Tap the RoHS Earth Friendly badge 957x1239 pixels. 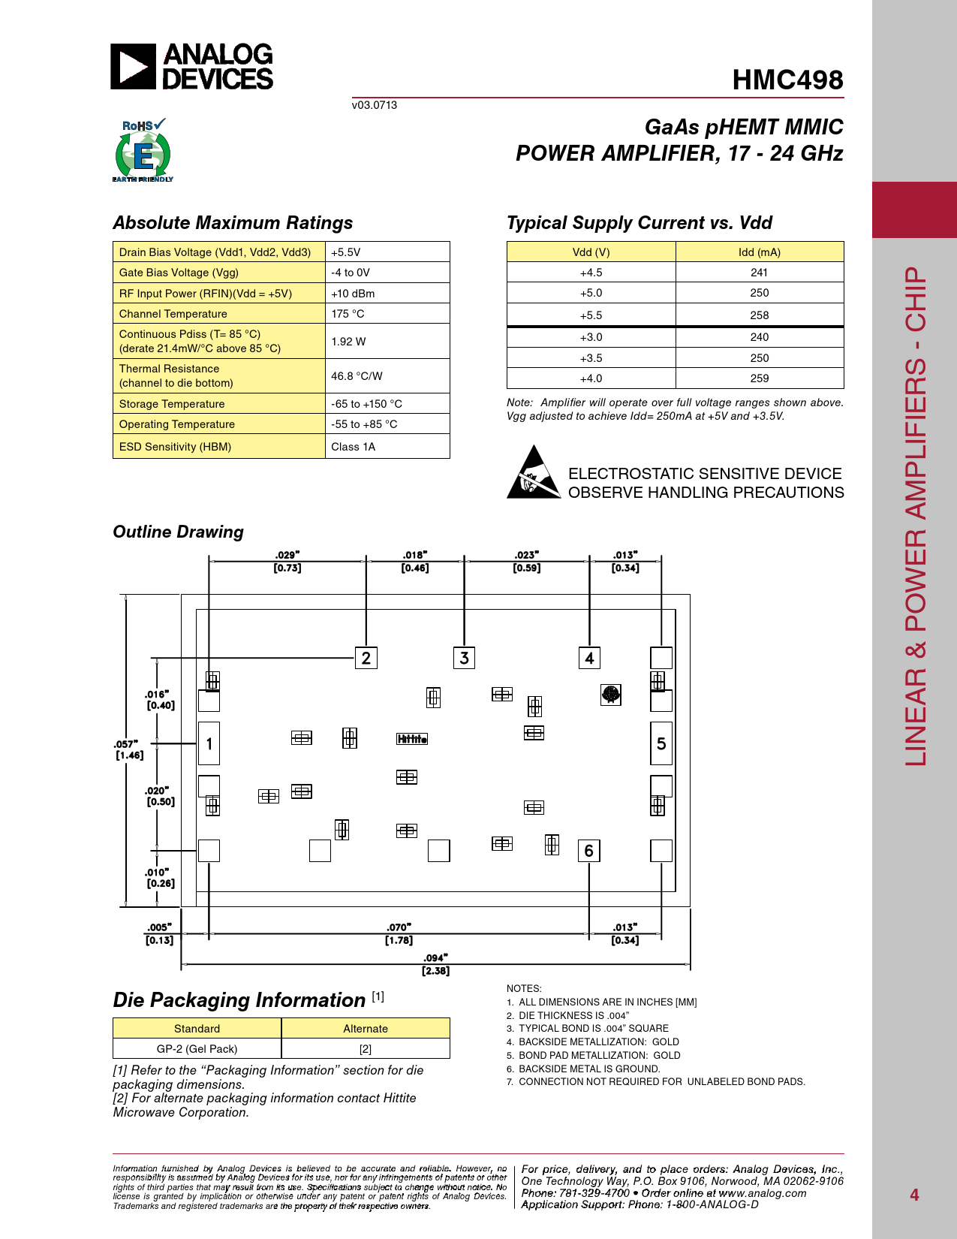click(143, 151)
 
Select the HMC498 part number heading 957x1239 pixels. click(787, 80)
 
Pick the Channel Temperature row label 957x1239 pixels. click(173, 314)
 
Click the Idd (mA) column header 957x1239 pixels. click(759, 252)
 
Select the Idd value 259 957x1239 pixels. click(759, 378)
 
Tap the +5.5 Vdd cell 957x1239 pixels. click(591, 315)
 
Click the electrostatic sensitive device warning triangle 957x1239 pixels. click(533, 473)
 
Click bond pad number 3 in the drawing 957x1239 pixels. click(464, 658)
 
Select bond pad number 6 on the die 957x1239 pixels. click(588, 851)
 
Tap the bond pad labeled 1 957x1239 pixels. click(209, 743)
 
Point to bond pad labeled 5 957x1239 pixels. click(661, 743)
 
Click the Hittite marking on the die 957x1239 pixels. click(412, 739)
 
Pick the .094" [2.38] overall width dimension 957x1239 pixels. click(435, 964)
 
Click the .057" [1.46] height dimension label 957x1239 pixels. click(128, 749)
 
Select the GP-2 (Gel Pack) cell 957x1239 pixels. click(197, 1049)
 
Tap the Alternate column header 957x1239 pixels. click(366, 1029)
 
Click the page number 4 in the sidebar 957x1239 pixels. click(914, 1195)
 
